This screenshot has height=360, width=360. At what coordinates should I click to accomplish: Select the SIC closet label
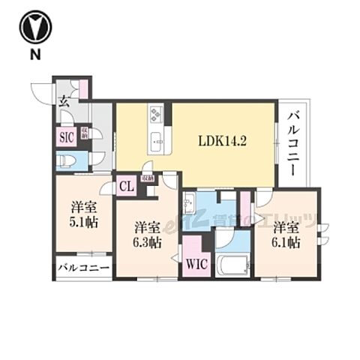(x=65, y=136)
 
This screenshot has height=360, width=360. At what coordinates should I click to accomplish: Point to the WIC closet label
(x=195, y=263)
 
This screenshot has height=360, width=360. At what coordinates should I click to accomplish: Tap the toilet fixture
(x=65, y=160)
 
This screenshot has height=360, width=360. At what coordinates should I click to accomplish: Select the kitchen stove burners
(x=157, y=115)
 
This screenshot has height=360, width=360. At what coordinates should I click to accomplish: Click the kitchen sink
(x=157, y=138)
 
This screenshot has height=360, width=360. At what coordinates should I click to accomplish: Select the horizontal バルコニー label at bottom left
(x=82, y=267)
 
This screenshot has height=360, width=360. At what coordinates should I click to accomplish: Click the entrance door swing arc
(x=41, y=91)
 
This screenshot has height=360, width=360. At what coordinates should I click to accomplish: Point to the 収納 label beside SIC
(x=85, y=135)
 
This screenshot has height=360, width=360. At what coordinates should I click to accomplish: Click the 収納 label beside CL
(x=149, y=179)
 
